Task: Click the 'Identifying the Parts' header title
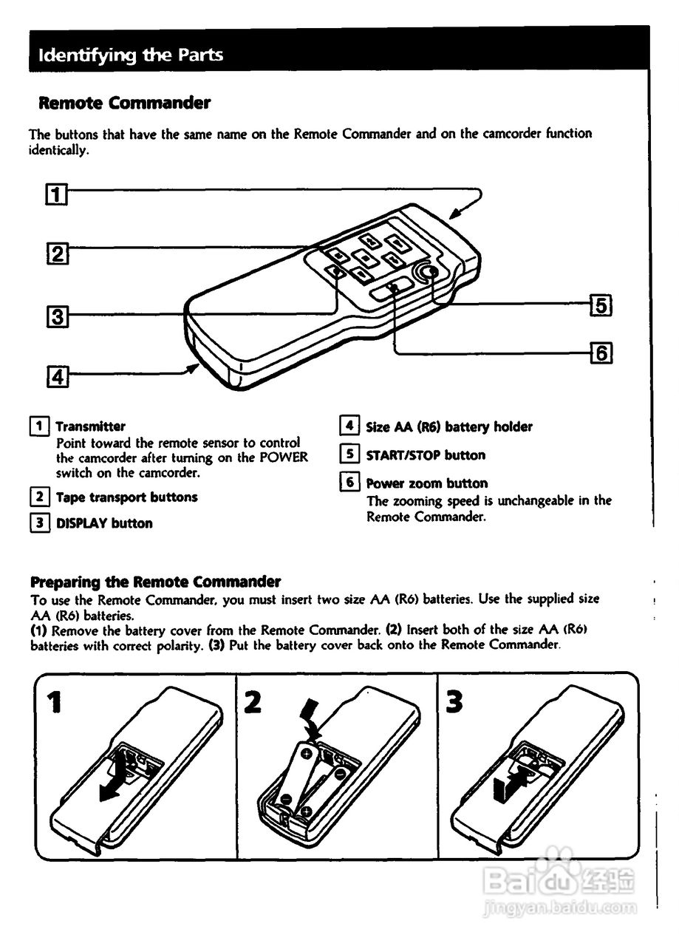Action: (x=130, y=55)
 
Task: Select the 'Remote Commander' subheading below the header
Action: (x=124, y=103)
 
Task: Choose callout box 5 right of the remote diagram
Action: (x=601, y=304)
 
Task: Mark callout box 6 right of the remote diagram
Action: (x=601, y=353)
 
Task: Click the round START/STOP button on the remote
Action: (x=427, y=273)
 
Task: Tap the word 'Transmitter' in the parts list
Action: (x=91, y=426)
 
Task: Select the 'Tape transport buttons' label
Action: (x=127, y=497)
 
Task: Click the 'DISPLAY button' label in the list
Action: (x=104, y=523)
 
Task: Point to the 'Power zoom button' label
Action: (x=427, y=483)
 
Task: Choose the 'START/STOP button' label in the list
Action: (x=426, y=455)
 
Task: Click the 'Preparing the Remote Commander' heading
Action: (x=155, y=582)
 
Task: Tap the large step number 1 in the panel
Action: (x=53, y=702)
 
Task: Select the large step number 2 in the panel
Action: (x=253, y=702)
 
